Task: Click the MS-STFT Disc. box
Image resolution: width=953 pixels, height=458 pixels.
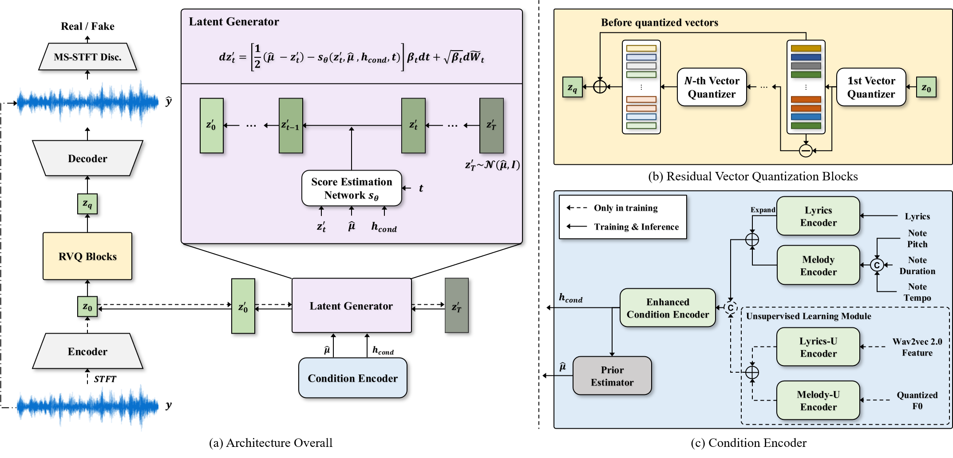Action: [87, 57]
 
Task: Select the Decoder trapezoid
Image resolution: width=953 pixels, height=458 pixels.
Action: [87, 159]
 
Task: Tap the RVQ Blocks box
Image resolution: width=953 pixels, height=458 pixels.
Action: [87, 256]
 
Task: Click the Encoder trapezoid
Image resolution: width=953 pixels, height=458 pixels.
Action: [87, 351]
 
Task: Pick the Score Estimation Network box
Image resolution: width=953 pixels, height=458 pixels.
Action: [352, 188]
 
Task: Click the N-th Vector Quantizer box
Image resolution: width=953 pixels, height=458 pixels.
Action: [712, 87]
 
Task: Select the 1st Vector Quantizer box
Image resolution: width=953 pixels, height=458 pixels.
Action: [871, 87]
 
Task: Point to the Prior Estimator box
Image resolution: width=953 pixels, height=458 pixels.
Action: [612, 376]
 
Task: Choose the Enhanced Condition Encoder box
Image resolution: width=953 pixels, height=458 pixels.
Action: [668, 308]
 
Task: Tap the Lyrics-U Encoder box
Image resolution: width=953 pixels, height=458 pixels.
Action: [818, 347]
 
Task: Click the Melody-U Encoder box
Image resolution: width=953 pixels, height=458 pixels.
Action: [818, 400]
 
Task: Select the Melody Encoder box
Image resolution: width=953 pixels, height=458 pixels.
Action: [818, 265]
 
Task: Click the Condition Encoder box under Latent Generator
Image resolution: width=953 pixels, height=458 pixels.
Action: [352, 378]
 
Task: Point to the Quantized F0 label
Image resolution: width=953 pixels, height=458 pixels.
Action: [917, 400]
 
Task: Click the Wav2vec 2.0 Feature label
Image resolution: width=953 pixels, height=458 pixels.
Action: [917, 347]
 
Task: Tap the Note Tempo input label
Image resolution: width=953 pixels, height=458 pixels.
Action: [917, 292]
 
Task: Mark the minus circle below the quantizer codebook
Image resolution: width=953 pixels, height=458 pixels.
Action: [806, 151]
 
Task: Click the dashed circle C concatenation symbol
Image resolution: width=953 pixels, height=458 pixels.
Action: [731, 307]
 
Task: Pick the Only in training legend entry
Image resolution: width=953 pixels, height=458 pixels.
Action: [625, 208]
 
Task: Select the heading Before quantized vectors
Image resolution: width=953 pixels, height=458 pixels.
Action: [659, 23]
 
